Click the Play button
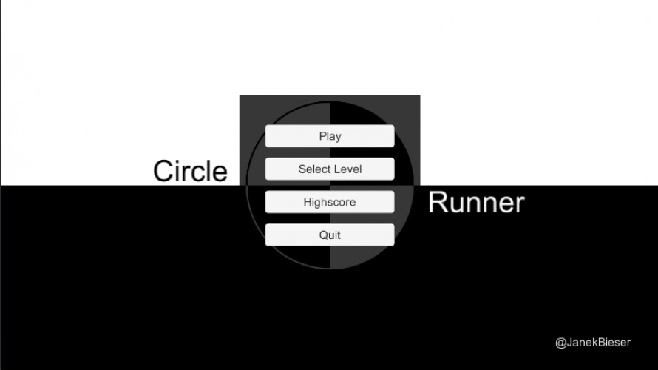coord(330,136)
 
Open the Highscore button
coord(330,202)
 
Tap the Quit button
coord(330,235)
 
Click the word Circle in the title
coord(190,171)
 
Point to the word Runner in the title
coord(476,203)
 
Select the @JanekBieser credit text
coord(593,343)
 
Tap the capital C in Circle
coord(164,171)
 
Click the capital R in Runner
coord(438,203)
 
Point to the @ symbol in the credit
coord(560,343)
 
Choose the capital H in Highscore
coord(308,202)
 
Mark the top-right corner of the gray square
coord(420,95)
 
